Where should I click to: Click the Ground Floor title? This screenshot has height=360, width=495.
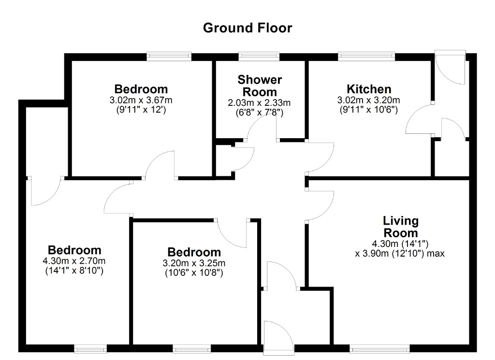click(x=247, y=28)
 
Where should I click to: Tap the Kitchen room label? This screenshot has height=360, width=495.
click(x=369, y=89)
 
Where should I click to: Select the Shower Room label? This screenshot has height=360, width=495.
click(x=260, y=86)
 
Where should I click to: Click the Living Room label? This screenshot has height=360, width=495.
click(x=401, y=227)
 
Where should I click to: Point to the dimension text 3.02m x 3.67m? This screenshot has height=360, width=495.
click(x=141, y=101)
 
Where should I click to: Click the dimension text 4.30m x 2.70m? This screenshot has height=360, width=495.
click(x=74, y=261)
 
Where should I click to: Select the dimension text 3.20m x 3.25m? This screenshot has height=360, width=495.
click(x=194, y=263)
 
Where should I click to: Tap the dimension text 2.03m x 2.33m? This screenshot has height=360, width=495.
click(x=259, y=103)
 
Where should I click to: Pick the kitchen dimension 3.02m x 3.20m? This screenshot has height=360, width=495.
click(x=368, y=101)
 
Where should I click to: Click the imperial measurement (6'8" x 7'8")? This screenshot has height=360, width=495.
click(x=260, y=113)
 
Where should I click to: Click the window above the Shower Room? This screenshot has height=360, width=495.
click(x=259, y=57)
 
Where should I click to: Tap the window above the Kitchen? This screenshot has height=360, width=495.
click(x=366, y=57)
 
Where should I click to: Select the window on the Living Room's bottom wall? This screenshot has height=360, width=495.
click(x=380, y=348)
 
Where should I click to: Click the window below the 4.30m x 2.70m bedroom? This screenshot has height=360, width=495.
click(x=90, y=348)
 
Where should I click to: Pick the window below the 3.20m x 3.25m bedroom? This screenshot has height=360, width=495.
click(x=191, y=348)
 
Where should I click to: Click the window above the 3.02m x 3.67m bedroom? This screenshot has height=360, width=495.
click(x=169, y=57)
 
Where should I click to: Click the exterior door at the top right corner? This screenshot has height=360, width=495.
click(x=450, y=67)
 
